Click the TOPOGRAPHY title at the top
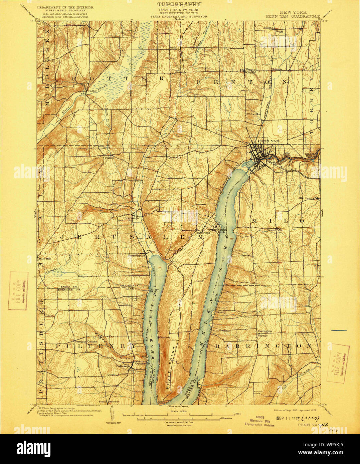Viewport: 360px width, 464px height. tap(179, 4)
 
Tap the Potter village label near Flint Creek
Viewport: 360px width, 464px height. tap(91, 90)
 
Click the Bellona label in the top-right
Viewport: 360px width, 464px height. tap(268, 28)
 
